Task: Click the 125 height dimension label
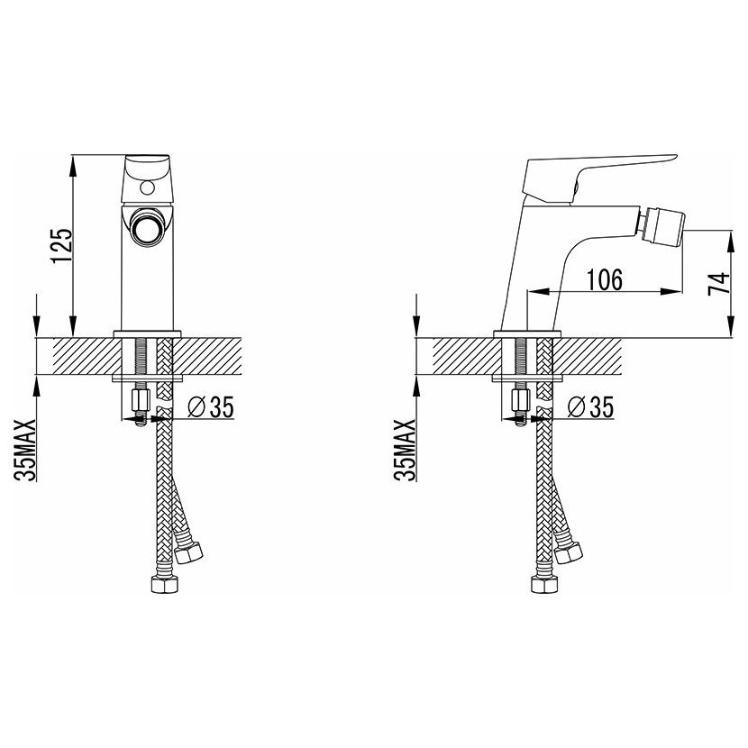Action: coord(61,246)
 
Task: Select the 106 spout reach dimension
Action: coord(604,279)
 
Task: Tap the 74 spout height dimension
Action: coord(719,284)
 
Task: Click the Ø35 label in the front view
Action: coord(211,407)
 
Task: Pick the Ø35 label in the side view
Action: coord(590,407)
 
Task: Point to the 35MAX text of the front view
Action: coord(25,451)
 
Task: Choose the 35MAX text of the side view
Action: coord(405,451)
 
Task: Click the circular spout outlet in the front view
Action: coord(148,227)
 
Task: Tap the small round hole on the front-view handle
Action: coord(148,188)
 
